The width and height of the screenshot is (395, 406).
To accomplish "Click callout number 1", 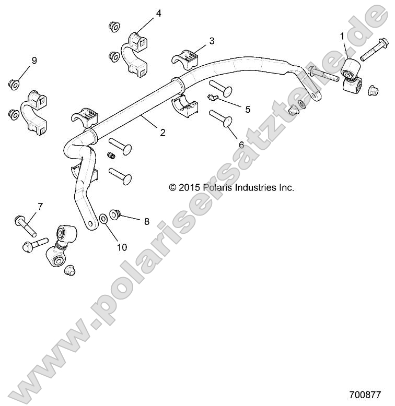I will click(x=342, y=37).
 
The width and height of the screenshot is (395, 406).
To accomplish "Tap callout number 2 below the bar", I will click(x=162, y=133).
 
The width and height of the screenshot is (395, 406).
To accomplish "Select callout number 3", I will click(x=212, y=40).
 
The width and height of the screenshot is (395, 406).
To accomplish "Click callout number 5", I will click(x=248, y=109).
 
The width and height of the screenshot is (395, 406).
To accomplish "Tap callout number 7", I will click(x=39, y=207).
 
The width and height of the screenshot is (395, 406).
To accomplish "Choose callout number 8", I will click(x=146, y=221).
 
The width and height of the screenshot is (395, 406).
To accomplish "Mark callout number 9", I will click(x=34, y=61).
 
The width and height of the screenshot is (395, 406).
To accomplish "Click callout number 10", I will click(x=122, y=247).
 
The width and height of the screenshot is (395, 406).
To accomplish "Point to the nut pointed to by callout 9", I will click(x=14, y=83).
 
